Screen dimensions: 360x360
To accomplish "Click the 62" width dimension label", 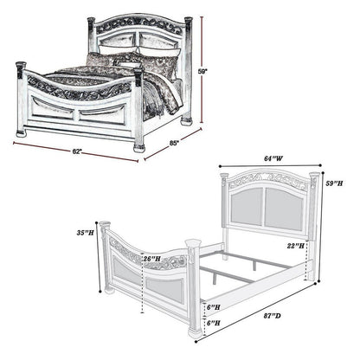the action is pyautogui.click(x=77, y=151).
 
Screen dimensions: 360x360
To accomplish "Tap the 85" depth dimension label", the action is pyautogui.click(x=174, y=143).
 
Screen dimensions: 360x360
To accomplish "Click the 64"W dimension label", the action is pyautogui.click(x=273, y=158).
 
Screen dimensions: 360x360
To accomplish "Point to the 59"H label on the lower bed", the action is pyautogui.click(x=334, y=183).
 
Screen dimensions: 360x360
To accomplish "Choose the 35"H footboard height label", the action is pyautogui.click(x=85, y=233).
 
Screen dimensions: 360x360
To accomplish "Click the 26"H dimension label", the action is pyautogui.click(x=152, y=259).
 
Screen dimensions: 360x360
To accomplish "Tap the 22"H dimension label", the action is pyautogui.click(x=296, y=246).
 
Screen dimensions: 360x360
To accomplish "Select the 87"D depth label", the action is pyautogui.click(x=272, y=316).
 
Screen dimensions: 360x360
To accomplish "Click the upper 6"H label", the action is pyautogui.click(x=214, y=307).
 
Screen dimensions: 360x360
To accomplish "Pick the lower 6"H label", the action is pyautogui.click(x=214, y=323).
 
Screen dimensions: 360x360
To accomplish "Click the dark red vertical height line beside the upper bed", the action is pyautogui.click(x=202, y=69).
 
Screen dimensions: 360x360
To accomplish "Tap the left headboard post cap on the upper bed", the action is pyautogui.click(x=91, y=21).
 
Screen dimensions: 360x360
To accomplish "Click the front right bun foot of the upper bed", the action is pyautogui.click(x=139, y=149).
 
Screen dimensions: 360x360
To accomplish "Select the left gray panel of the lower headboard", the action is pyautogui.click(x=247, y=206).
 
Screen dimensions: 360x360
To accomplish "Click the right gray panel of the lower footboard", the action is pyautogui.click(x=165, y=289).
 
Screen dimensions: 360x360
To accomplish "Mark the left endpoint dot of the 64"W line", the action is pyautogui.click(x=220, y=166).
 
